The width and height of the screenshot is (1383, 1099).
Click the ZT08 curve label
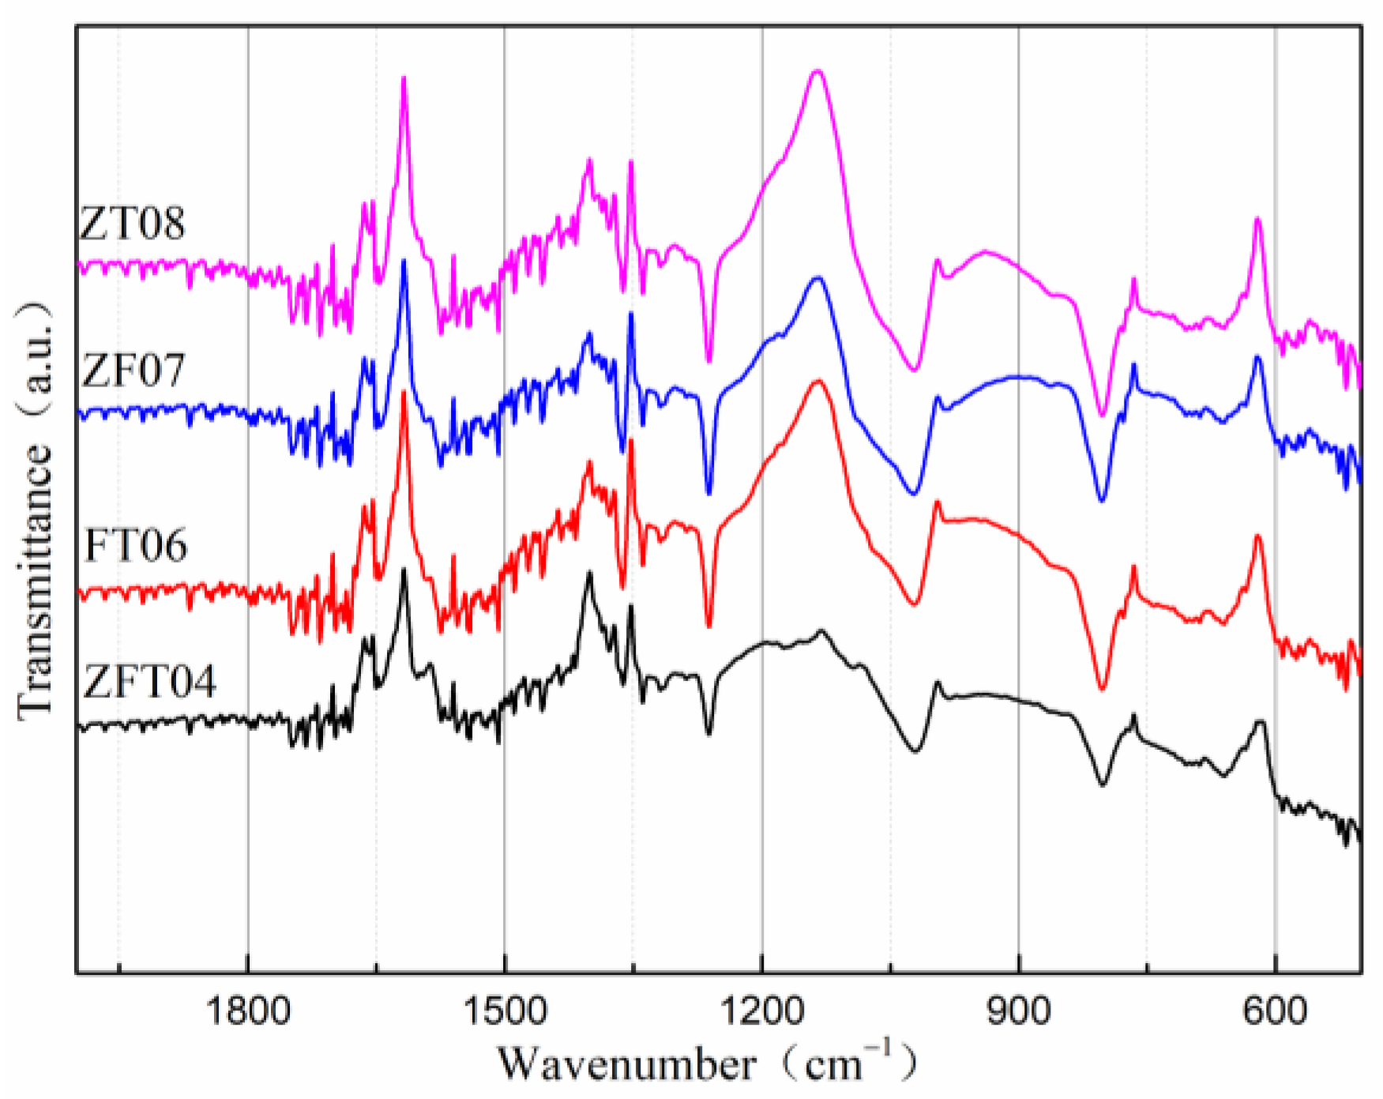tap(133, 224)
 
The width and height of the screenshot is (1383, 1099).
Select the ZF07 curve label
tap(133, 370)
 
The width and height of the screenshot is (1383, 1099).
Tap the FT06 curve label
tap(135, 545)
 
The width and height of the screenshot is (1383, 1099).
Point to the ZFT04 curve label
tap(148, 681)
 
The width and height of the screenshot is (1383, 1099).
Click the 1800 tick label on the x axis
tap(248, 1011)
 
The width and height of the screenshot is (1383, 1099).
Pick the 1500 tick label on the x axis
tap(505, 1011)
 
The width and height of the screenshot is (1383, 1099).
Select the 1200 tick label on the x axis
tap(762, 1011)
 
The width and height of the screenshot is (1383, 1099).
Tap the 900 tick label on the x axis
tap(1019, 1011)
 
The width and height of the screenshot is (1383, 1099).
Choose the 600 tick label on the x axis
tap(1275, 1011)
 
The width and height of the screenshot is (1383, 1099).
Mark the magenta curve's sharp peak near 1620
tap(404, 77)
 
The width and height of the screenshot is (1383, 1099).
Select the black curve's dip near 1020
tap(915, 751)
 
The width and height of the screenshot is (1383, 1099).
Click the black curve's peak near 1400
tap(588, 572)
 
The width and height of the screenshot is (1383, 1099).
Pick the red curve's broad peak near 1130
tap(818, 382)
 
